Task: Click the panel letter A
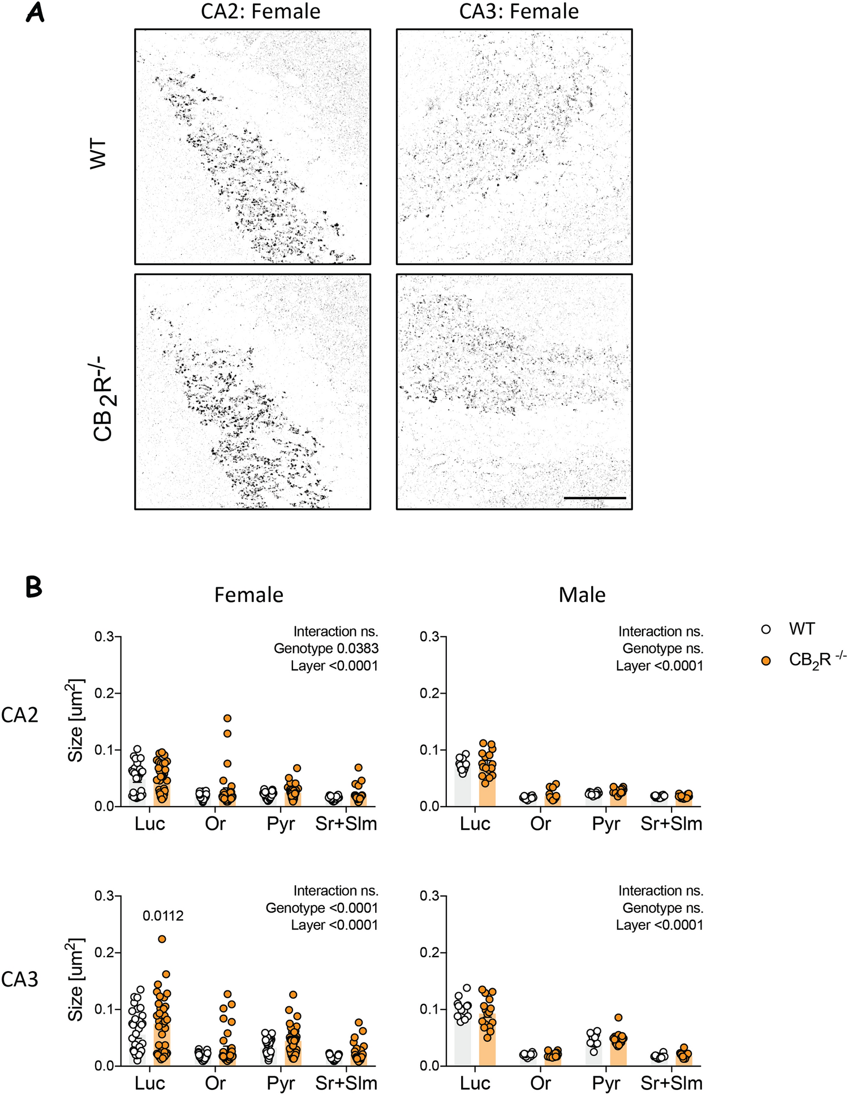(x=35, y=12)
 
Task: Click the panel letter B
(x=34, y=587)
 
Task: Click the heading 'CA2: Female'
(x=260, y=11)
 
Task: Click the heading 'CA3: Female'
(x=519, y=11)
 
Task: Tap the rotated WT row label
(x=98, y=153)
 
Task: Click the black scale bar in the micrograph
(x=595, y=498)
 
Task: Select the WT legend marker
(x=766, y=629)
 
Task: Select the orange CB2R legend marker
(x=766, y=660)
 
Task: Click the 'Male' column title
(x=582, y=595)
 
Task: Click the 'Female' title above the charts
(x=248, y=595)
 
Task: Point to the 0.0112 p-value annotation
(x=163, y=916)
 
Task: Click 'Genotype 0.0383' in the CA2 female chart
(x=326, y=648)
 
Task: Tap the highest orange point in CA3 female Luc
(x=162, y=939)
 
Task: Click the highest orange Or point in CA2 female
(x=227, y=719)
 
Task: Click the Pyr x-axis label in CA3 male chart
(x=606, y=1083)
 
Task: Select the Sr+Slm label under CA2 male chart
(x=671, y=824)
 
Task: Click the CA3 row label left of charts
(x=20, y=979)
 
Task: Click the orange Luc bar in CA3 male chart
(x=487, y=1046)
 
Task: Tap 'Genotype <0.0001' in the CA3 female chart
(x=322, y=908)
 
